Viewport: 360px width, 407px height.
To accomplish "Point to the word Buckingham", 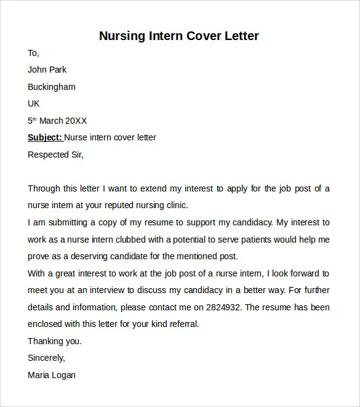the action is point(52,87).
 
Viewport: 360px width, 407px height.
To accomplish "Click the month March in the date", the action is point(53,121).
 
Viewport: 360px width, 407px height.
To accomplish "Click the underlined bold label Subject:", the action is point(45,137).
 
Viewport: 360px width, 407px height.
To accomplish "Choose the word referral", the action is point(183,324).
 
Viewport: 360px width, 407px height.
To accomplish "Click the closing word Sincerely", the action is point(46,358).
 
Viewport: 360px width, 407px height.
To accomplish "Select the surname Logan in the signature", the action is point(64,374).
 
